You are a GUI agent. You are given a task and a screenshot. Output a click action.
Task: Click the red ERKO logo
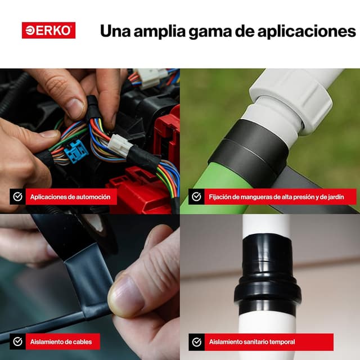click(x=49, y=30)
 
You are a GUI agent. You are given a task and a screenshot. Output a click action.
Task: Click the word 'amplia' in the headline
click(x=160, y=31)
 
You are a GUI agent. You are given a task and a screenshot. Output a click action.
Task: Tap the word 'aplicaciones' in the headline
click(x=307, y=31)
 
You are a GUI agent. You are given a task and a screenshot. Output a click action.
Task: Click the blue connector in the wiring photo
click(x=76, y=151)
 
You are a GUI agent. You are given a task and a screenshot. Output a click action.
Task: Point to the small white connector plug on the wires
click(x=120, y=146)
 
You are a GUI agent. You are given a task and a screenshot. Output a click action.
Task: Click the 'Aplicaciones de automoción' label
click(x=70, y=197)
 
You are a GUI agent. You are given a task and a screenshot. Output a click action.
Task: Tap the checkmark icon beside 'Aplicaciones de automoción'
click(x=17, y=196)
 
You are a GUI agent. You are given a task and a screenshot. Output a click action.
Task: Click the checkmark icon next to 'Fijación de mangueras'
click(x=196, y=196)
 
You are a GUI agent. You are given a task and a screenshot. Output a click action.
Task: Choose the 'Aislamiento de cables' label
click(x=61, y=341)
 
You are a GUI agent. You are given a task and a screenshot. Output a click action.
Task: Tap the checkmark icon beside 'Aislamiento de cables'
click(x=17, y=341)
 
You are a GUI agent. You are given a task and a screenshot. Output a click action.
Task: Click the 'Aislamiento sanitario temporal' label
click(x=252, y=342)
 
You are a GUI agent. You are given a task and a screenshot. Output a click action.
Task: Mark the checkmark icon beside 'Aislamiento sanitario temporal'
click(x=196, y=342)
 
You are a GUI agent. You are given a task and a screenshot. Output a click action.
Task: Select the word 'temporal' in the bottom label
click(x=282, y=342)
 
